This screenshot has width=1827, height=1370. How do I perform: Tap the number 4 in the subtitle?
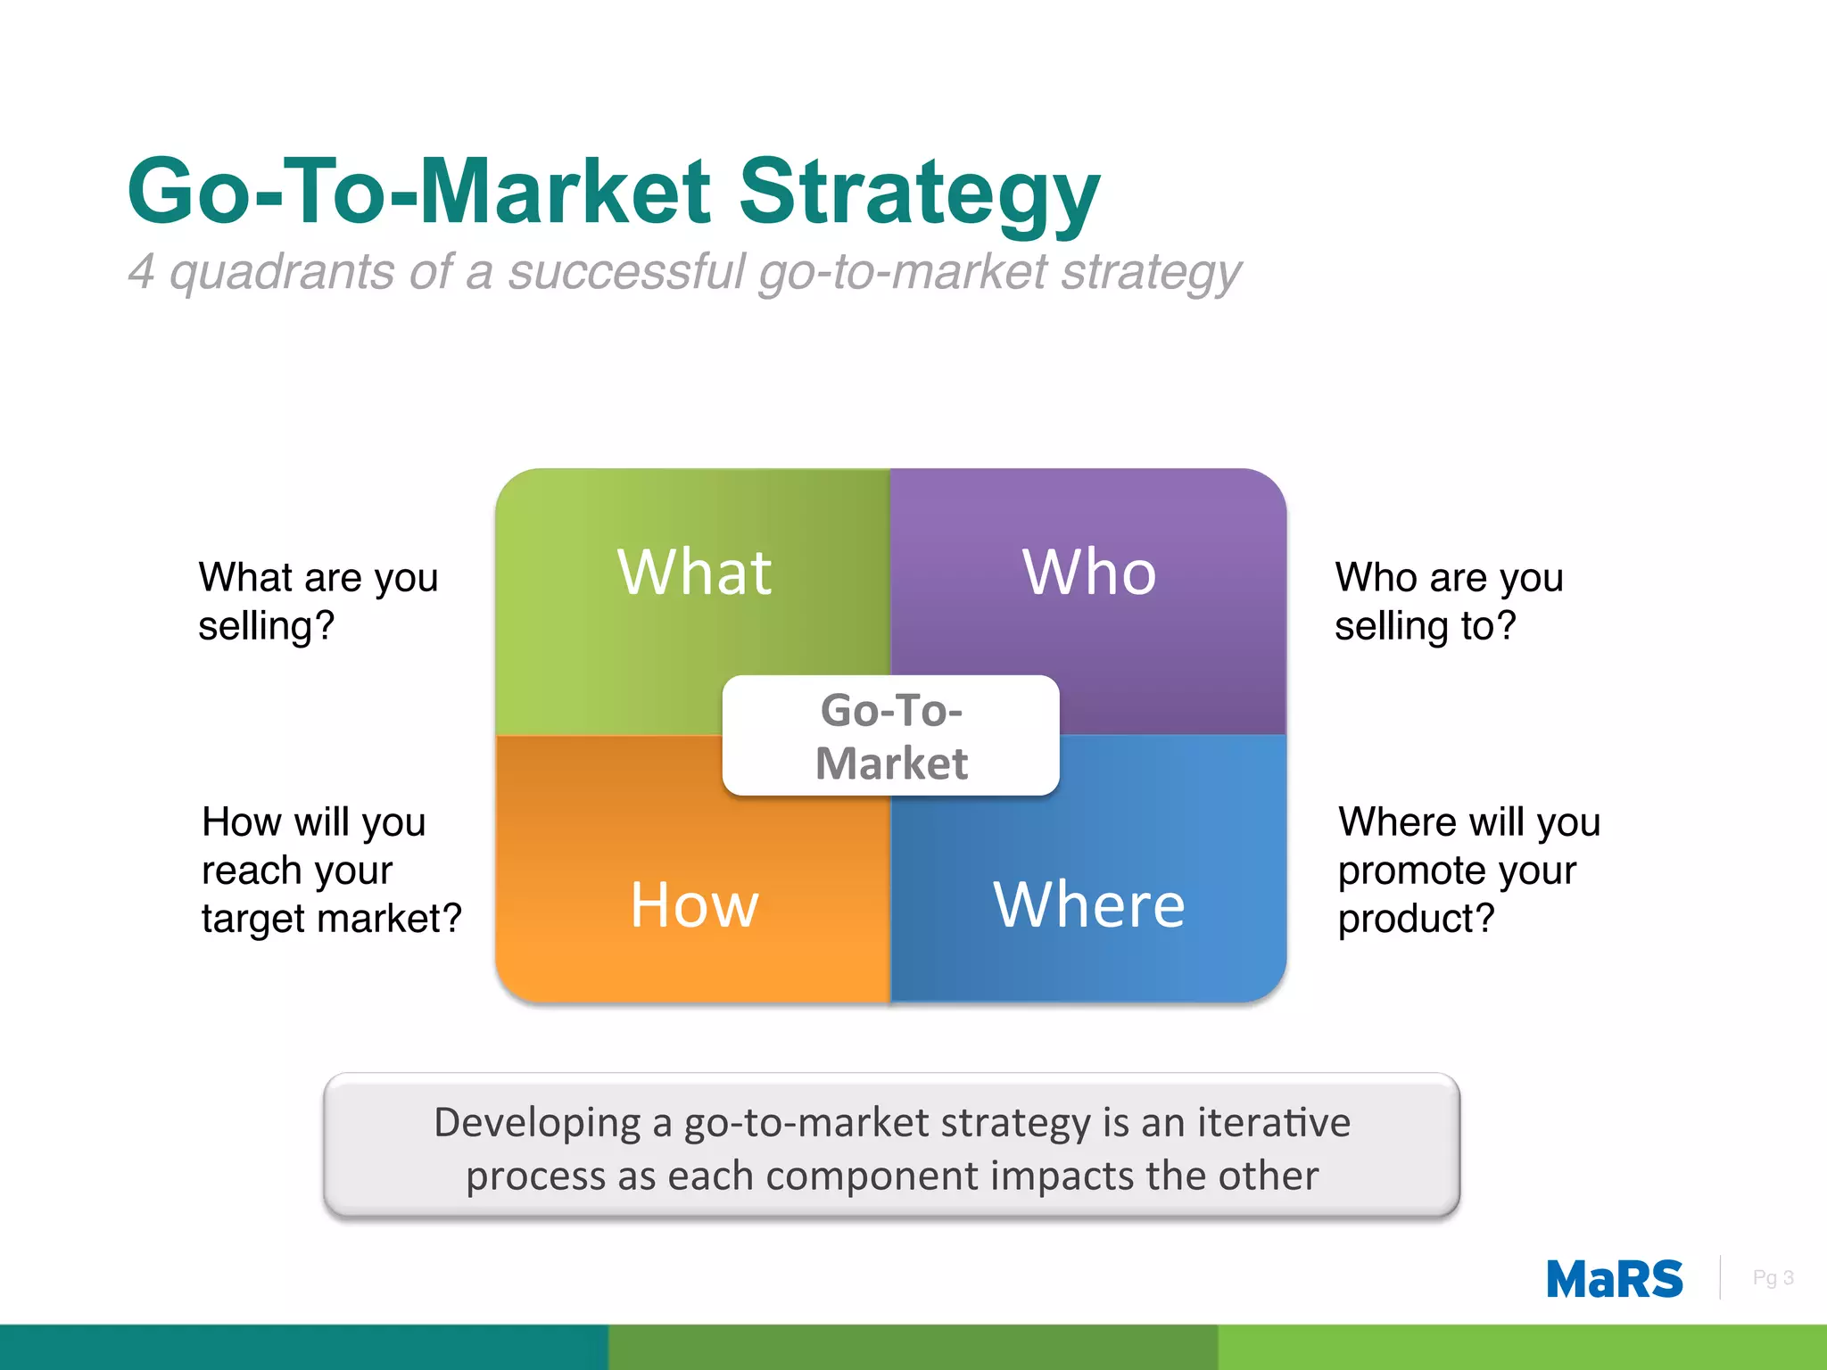tap(141, 271)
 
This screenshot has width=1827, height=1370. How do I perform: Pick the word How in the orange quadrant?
tap(694, 905)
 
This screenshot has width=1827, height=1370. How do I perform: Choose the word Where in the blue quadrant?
tap(1089, 905)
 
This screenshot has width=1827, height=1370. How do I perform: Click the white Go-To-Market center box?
tap(890, 736)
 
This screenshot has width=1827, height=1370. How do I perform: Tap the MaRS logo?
tap(1614, 1279)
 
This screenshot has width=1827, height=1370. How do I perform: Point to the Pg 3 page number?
tap(1773, 1278)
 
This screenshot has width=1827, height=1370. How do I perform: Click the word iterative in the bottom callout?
tap(1273, 1122)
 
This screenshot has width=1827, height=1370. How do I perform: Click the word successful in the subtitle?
tap(625, 271)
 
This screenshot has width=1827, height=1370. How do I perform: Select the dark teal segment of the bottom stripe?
tap(303, 1347)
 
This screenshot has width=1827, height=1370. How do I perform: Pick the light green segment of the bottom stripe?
tap(1522, 1347)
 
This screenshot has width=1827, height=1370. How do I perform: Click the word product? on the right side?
tap(1416, 919)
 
